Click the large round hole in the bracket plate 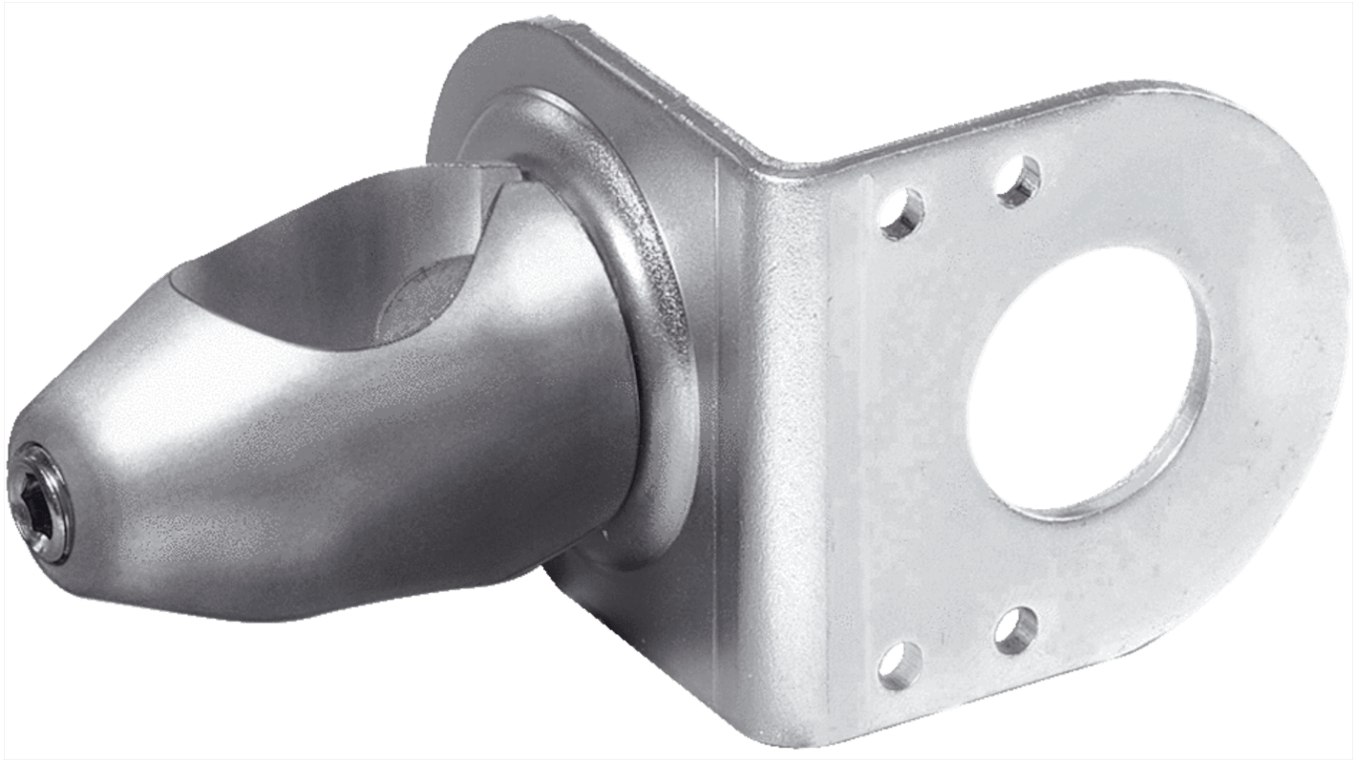1084,406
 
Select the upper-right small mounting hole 1018,179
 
